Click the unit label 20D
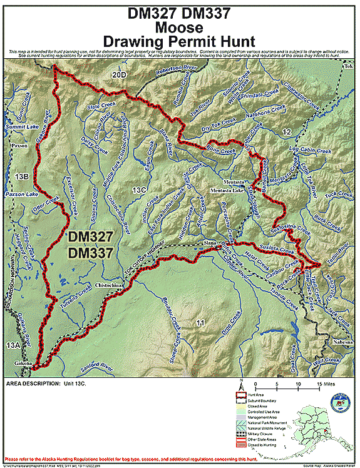click(x=119, y=75)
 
